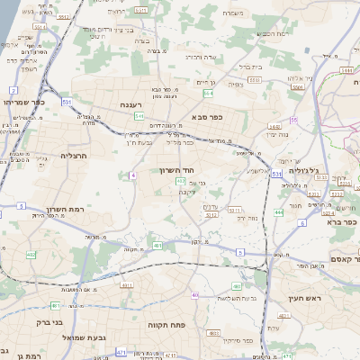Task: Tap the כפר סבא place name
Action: [x=210, y=116]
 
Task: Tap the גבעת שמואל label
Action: [x=86, y=337]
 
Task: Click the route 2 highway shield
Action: [x=13, y=91]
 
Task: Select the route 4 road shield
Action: [x=133, y=175]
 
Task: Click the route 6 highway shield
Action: [x=302, y=222]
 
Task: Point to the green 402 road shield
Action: [x=31, y=255]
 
